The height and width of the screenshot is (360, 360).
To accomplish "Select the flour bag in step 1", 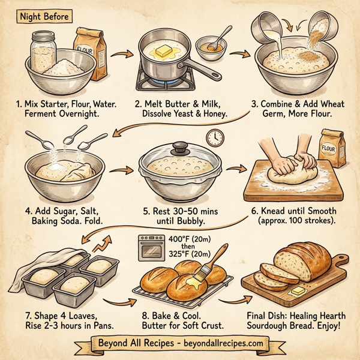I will tap(88, 50).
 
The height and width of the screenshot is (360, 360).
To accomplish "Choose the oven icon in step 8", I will tap(149, 247).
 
